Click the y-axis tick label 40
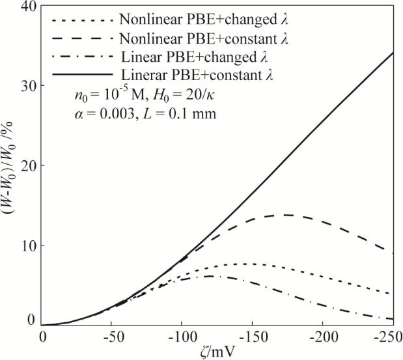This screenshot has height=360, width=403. [x=27, y=7]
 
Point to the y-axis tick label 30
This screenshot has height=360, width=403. [x=27, y=86]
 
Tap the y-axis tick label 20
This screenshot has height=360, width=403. [x=27, y=166]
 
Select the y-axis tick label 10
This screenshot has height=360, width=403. [x=27, y=245]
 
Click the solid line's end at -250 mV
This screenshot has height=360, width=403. [x=393, y=52]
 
